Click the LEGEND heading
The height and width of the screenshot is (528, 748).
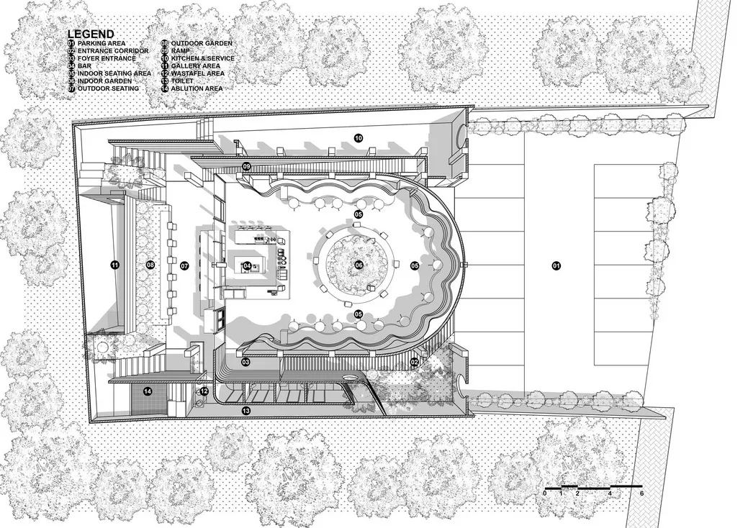[91, 34]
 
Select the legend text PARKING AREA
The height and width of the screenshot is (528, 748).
[102, 43]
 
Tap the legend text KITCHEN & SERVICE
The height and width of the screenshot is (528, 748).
[203, 58]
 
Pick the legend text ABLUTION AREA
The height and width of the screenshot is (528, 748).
[197, 88]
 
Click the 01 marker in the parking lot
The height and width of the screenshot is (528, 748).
[557, 265]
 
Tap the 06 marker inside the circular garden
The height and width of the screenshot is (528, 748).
[359, 265]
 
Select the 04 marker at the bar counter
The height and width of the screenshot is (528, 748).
[247, 265]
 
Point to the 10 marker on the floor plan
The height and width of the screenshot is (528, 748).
[359, 138]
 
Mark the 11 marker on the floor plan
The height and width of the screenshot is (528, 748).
[114, 265]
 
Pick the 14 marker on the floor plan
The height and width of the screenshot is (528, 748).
[148, 391]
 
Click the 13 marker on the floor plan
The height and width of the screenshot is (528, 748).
[246, 410]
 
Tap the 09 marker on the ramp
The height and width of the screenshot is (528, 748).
[246, 166]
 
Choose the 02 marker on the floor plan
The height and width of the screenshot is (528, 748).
[414, 362]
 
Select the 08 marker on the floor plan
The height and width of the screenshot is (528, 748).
[150, 265]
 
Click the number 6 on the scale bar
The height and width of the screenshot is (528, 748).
[642, 493]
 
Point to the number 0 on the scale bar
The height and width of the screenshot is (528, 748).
[545, 493]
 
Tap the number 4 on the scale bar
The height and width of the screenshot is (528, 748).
[610, 493]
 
